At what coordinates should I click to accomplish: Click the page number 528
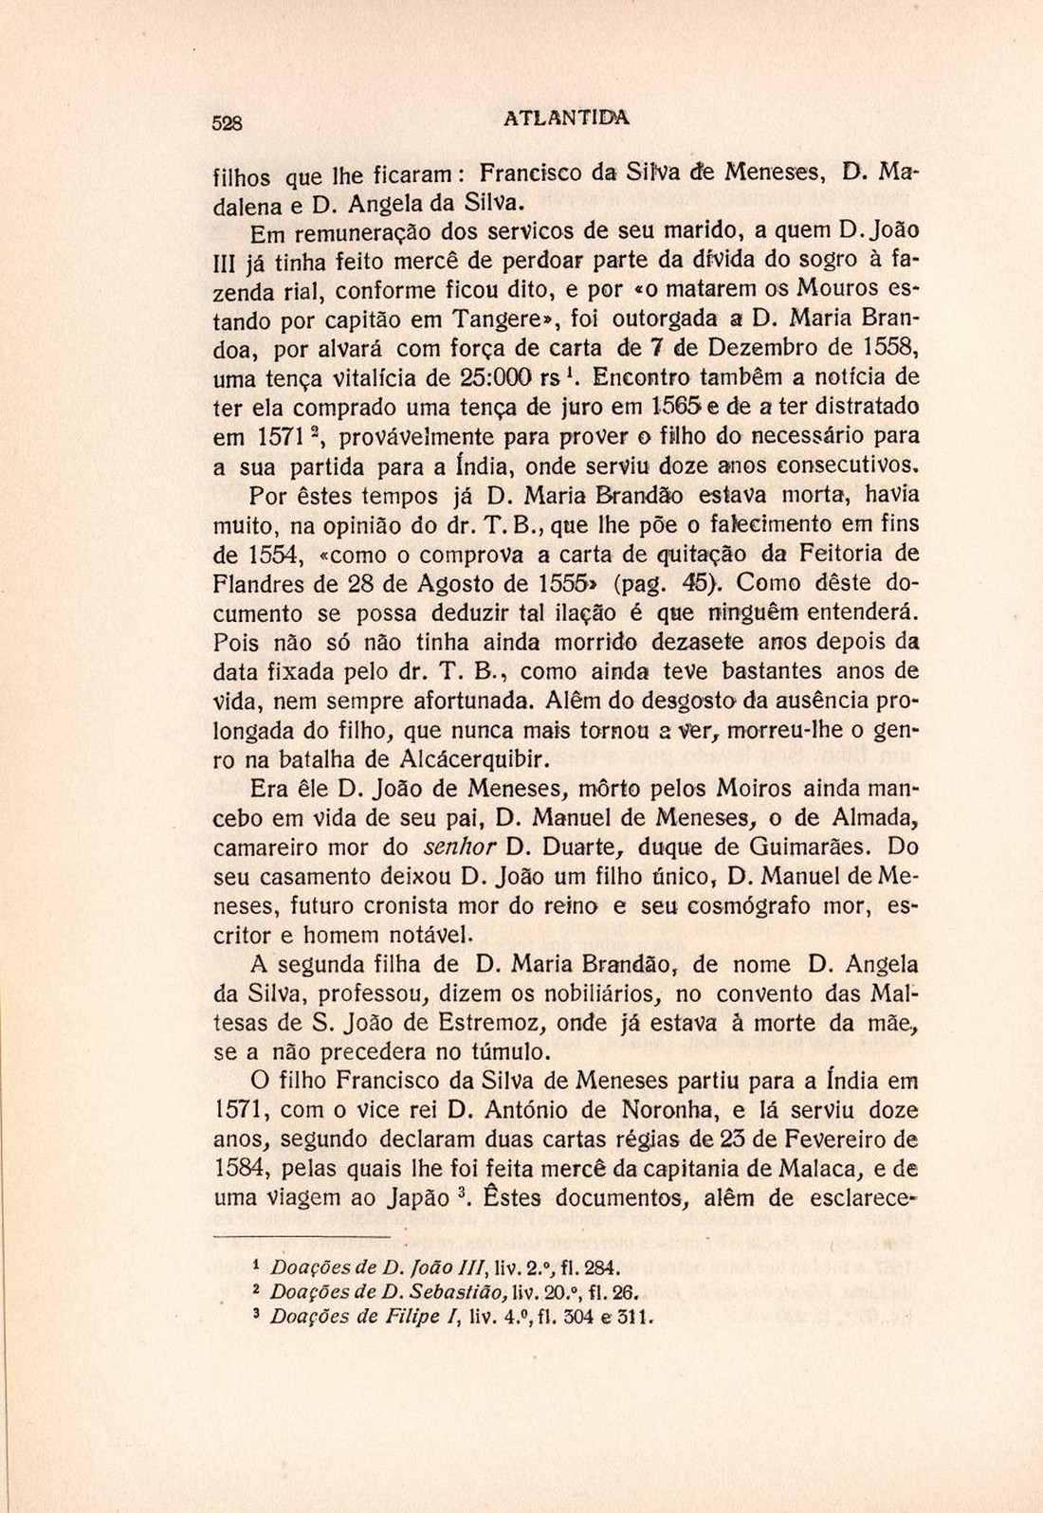coord(228,122)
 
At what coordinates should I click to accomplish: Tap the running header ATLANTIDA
coord(566,118)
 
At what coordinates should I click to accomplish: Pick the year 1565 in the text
coord(683,407)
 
